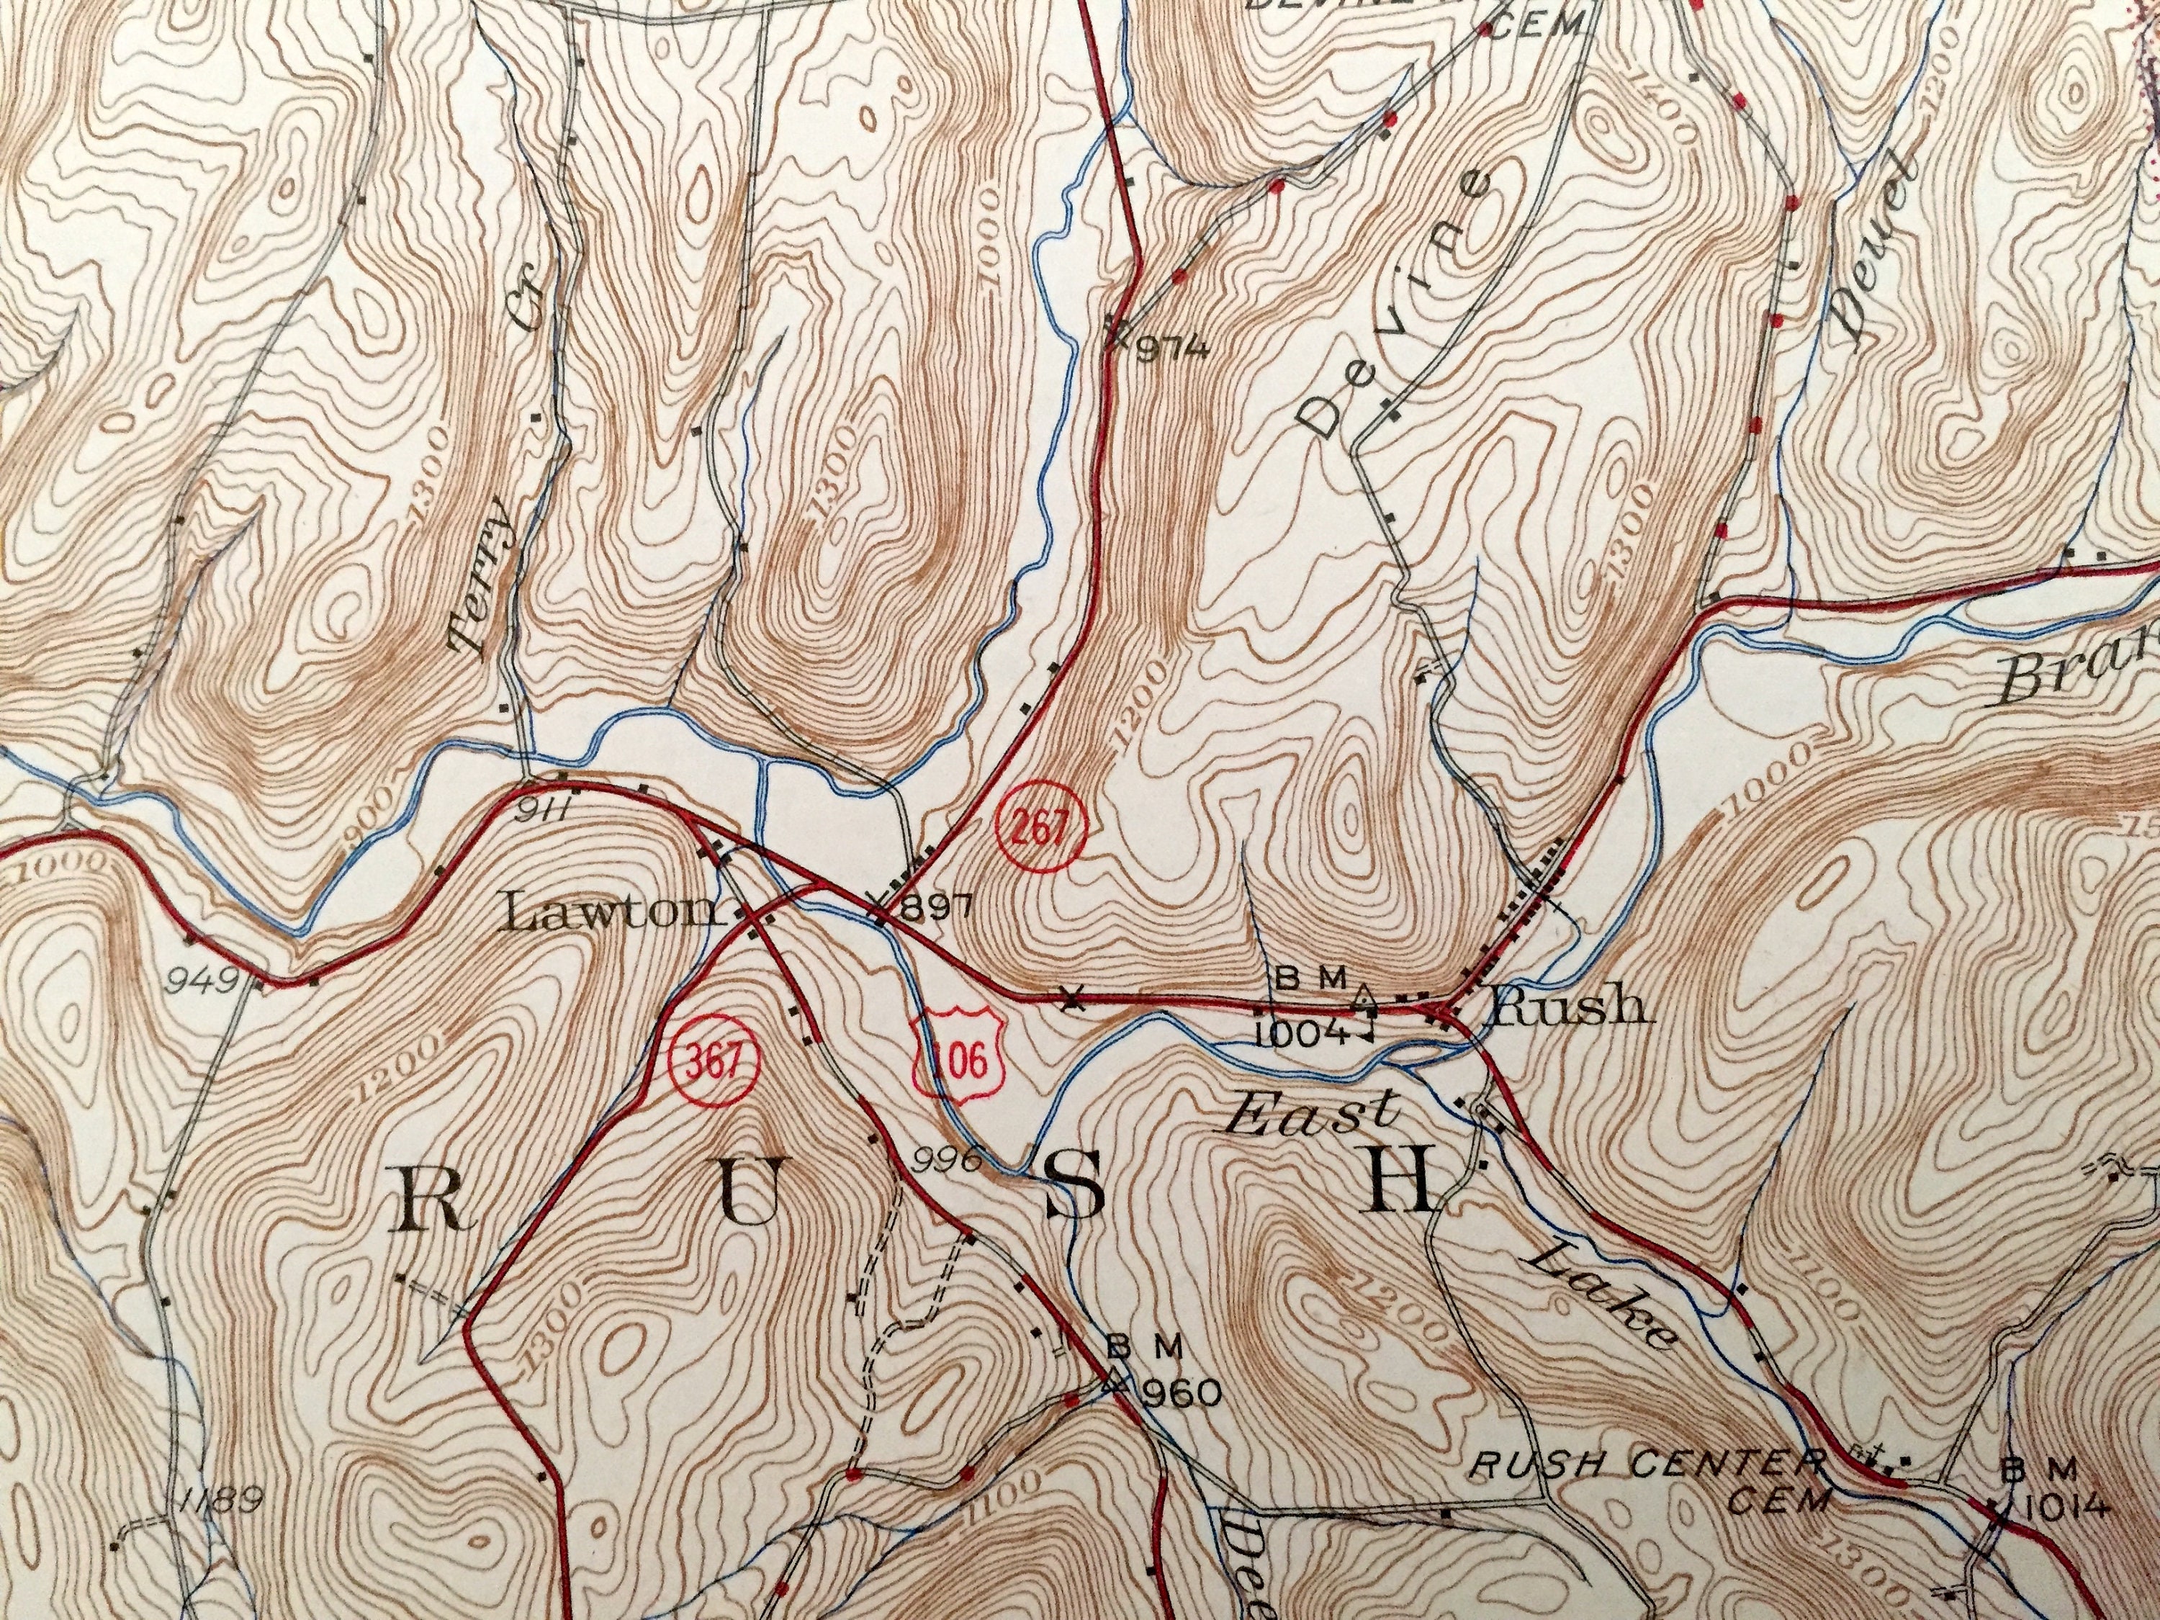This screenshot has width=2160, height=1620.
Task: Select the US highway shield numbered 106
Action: (959, 1056)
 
